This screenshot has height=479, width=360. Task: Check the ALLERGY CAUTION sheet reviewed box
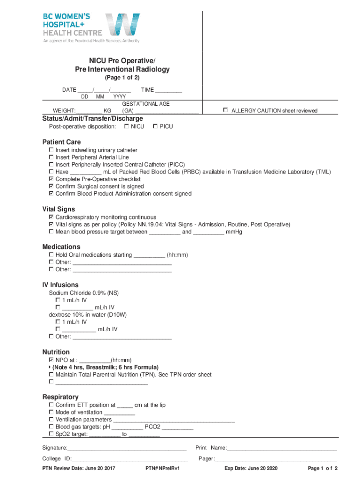[225, 110]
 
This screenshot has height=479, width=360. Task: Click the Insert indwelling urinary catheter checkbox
[51, 150]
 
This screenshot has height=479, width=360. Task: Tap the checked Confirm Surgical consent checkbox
[51, 186]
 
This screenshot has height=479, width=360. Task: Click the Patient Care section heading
[61, 142]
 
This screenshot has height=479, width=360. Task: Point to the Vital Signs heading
[58, 209]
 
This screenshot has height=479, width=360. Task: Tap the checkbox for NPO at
[51, 360]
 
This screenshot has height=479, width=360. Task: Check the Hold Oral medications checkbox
[51, 255]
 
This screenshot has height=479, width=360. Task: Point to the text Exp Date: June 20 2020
[251, 469]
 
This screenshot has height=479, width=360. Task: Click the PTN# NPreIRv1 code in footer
[163, 469]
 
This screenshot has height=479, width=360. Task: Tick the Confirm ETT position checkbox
[51, 405]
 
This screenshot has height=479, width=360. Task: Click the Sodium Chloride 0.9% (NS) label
[84, 293]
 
